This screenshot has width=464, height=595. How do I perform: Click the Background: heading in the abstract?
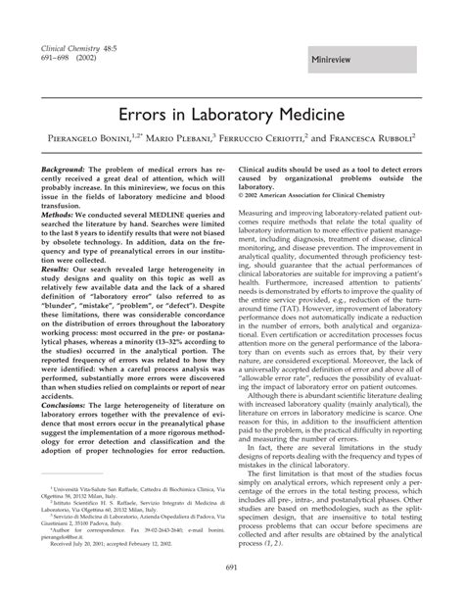coord(63,170)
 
